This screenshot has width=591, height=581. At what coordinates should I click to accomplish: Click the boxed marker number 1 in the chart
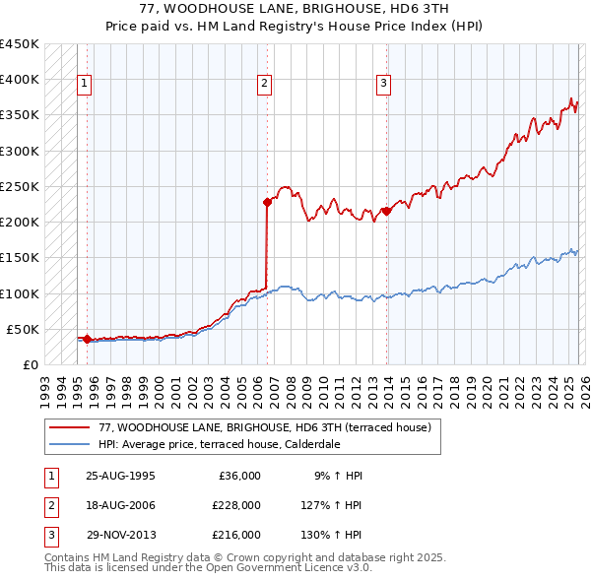point(86,85)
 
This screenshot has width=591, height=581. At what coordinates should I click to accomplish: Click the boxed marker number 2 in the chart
point(265,85)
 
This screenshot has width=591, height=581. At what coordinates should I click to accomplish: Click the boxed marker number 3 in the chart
point(383,85)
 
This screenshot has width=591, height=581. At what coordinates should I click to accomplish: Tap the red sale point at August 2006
point(267,202)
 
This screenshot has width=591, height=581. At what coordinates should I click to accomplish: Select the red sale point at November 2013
point(386,210)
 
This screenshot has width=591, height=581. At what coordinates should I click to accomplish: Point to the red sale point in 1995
point(88,340)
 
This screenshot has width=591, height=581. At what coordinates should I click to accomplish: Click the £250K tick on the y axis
point(20,186)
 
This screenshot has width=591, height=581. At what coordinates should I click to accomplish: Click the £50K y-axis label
point(23,329)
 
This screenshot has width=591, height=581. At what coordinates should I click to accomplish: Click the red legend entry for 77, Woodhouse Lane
point(265,427)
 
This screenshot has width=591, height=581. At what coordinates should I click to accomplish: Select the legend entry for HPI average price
point(219,444)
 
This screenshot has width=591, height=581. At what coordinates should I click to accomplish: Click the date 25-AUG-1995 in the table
point(120,476)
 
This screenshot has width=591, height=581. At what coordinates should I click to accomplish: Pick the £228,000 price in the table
point(236,505)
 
